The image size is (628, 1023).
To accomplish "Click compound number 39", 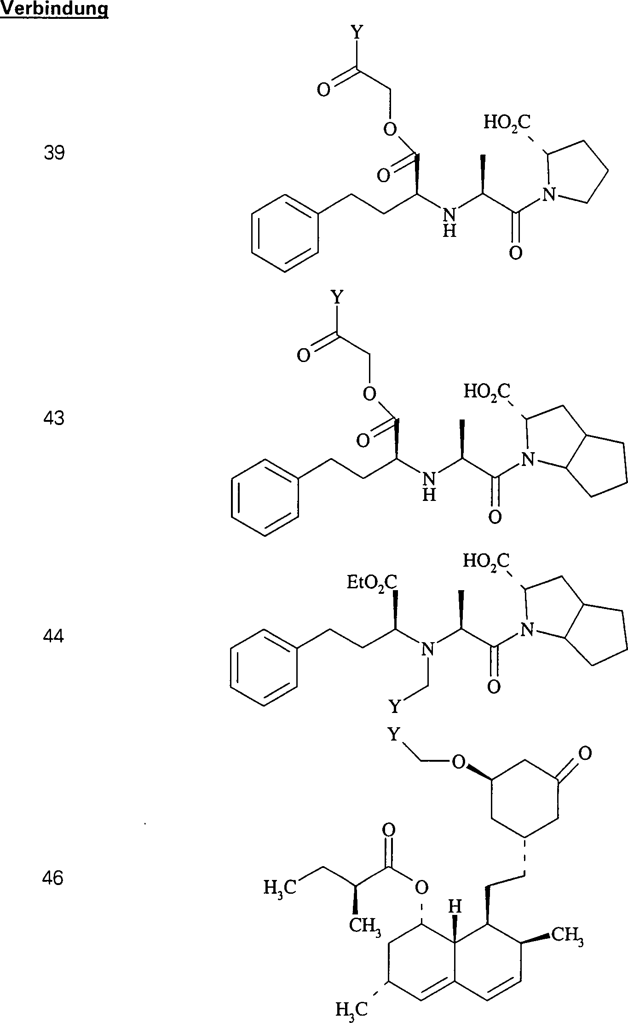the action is point(54,153).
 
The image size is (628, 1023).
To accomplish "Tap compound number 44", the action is point(54,636).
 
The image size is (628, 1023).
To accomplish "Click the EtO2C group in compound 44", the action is point(372,583).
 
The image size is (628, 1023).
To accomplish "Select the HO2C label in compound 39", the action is point(507,123).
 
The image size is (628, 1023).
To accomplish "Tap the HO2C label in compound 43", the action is point(487,391).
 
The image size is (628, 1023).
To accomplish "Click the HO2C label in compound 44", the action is point(486,561).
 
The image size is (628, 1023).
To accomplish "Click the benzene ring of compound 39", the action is point(285,234).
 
